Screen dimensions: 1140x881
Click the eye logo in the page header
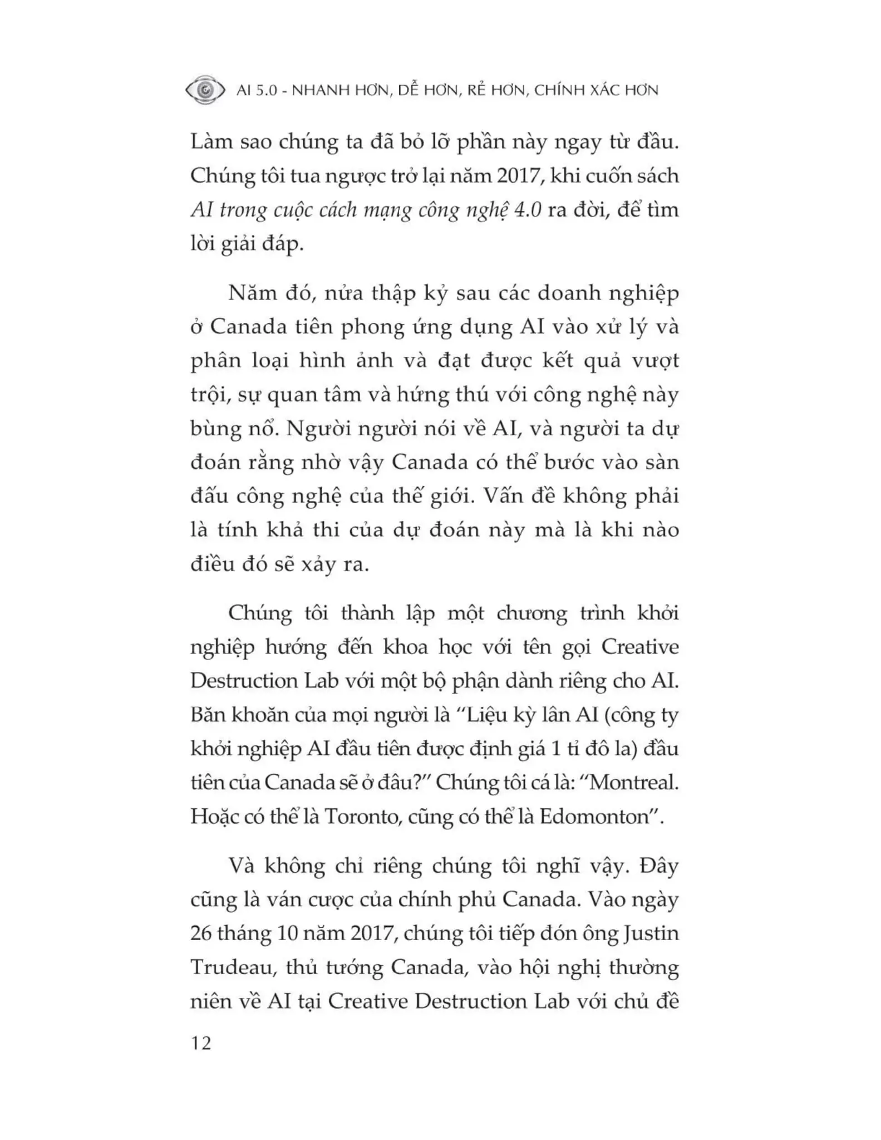(x=205, y=90)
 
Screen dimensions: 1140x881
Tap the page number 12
(x=201, y=1043)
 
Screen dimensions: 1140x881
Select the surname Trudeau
(x=233, y=967)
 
